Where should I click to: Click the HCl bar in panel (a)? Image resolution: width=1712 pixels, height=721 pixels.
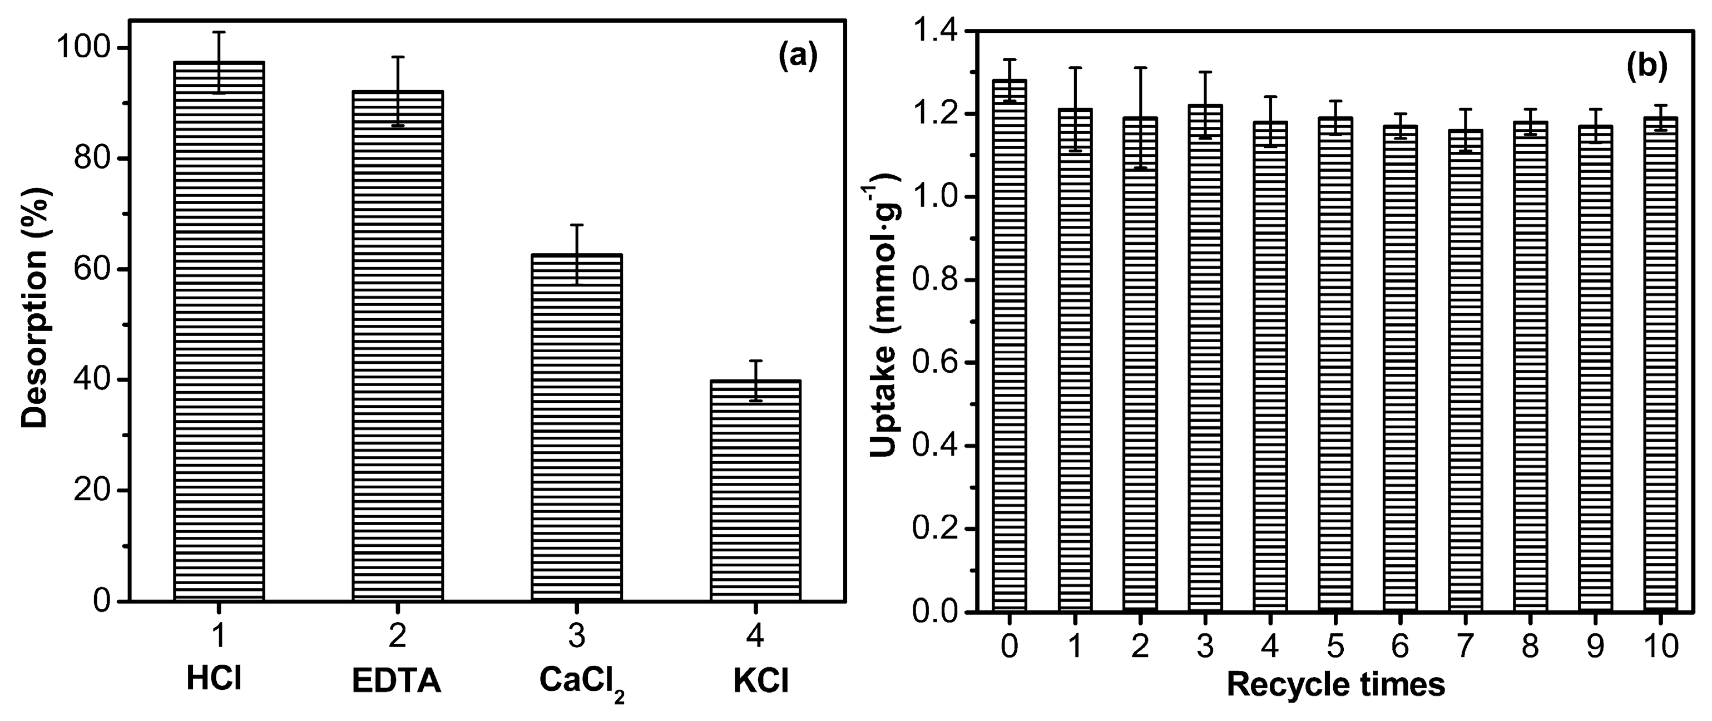(x=219, y=332)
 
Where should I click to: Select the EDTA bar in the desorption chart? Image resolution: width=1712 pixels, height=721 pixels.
(x=398, y=345)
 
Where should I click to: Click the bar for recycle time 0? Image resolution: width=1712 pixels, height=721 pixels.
(x=1010, y=345)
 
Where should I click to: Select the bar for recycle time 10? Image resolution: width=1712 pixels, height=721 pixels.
(x=1660, y=366)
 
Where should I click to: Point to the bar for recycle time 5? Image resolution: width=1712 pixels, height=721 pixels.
(x=1334, y=366)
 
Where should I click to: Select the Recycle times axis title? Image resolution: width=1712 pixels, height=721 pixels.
(x=1336, y=684)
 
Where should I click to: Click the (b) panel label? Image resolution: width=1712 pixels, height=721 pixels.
(x=1646, y=66)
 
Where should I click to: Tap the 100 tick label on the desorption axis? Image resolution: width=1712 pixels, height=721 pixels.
(x=85, y=49)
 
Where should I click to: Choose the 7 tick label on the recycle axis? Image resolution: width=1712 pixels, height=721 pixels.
(x=1465, y=646)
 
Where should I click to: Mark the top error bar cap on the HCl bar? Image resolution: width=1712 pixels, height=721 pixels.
(x=219, y=32)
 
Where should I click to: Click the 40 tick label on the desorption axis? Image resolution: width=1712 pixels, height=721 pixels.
(x=93, y=380)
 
